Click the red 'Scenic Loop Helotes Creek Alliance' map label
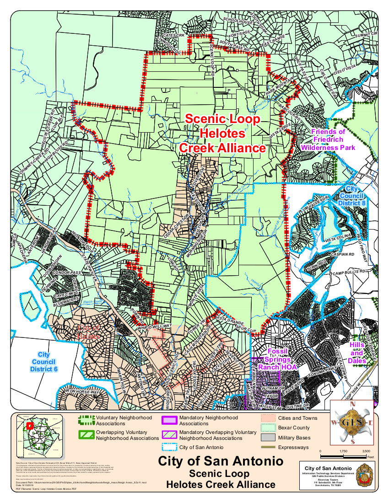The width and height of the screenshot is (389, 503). click(x=222, y=134)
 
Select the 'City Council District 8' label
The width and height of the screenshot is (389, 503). click(x=352, y=196)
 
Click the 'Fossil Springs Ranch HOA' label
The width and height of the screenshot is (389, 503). click(x=277, y=359)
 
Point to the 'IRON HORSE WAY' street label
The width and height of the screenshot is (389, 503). click(x=82, y=392)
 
